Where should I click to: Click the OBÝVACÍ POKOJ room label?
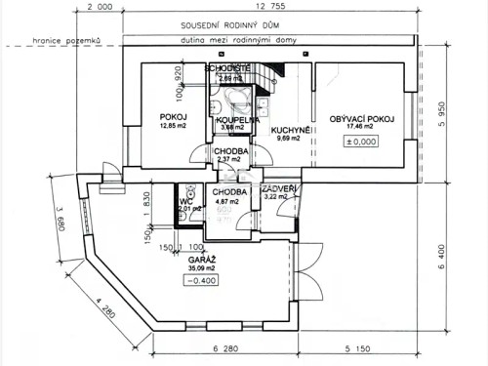pyautogui.click(x=361, y=118)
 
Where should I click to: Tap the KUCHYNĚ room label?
pyautogui.click(x=291, y=129)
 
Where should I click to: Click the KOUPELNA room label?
pyautogui.click(x=235, y=119)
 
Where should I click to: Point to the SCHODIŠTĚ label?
pyautogui.click(x=228, y=67)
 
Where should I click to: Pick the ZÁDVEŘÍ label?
pyautogui.click(x=279, y=187)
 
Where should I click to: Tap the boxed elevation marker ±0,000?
pyautogui.click(x=362, y=141)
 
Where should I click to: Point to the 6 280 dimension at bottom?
pyautogui.click(x=226, y=348)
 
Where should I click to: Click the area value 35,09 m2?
pyautogui.click(x=204, y=271)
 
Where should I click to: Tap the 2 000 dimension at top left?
pyautogui.click(x=101, y=7)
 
